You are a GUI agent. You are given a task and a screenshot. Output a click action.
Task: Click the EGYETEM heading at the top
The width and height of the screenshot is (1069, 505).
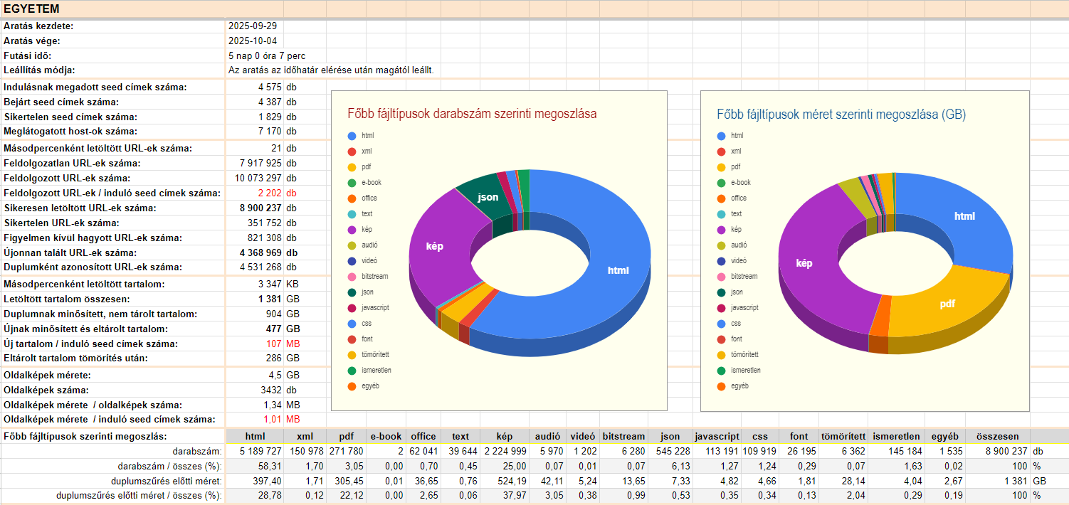[31, 9]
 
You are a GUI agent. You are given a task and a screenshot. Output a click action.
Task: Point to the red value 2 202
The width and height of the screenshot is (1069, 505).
[270, 193]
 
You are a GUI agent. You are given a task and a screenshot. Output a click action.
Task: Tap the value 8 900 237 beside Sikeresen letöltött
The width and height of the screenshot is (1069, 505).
[260, 208]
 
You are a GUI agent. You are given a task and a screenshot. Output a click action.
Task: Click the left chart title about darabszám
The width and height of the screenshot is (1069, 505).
[472, 114]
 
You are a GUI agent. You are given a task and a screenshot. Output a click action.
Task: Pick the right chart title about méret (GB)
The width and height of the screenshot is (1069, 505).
[841, 114]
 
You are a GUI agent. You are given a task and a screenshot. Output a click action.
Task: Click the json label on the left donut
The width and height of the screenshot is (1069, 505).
[488, 196]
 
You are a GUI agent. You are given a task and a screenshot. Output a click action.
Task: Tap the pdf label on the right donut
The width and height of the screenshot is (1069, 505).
[947, 303]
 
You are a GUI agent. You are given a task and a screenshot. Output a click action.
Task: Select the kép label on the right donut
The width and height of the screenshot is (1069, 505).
[804, 263]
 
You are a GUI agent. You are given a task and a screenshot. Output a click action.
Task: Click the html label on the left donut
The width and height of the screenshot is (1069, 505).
[618, 270]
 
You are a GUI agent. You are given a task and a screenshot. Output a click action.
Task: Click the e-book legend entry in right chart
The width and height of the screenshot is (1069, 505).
[741, 182]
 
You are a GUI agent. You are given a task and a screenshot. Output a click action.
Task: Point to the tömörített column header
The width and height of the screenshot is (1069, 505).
[843, 436]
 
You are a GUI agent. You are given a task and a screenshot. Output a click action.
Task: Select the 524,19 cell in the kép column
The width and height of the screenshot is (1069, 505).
[512, 481]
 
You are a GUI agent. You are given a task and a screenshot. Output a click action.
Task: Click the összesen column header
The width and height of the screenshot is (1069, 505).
[997, 436]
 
